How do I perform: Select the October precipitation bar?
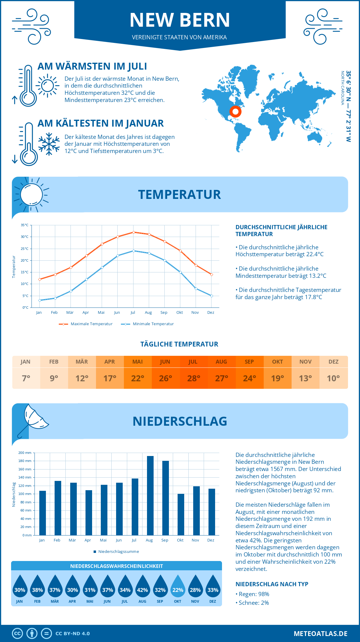click(181, 514)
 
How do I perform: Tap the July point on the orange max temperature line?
click(133, 232)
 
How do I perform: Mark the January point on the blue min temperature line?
click(40, 300)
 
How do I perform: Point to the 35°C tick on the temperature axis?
click(25, 225)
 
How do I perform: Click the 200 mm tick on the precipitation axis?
click(25, 453)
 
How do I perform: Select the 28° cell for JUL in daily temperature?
click(193, 378)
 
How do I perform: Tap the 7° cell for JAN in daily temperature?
click(26, 378)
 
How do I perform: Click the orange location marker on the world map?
click(235, 112)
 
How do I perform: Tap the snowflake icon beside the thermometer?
click(49, 144)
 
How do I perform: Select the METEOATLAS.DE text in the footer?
click(320, 634)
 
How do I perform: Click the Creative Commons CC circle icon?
click(17, 634)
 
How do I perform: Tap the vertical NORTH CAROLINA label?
click(342, 88)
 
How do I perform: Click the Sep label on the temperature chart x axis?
click(164, 313)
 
